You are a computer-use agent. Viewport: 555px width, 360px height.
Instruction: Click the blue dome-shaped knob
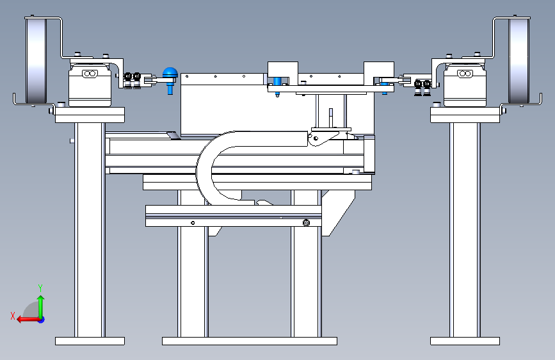coord(170,74)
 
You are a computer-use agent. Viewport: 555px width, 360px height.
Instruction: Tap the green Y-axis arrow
coord(40,304)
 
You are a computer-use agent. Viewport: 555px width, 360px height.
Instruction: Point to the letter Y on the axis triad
coord(40,288)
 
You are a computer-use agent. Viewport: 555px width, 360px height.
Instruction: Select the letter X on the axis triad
coord(12,315)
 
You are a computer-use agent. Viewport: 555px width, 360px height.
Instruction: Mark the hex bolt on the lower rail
coord(306,223)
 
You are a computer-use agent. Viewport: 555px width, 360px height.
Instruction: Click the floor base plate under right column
coord(464,341)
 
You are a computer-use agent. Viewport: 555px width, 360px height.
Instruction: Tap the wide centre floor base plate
coord(249,341)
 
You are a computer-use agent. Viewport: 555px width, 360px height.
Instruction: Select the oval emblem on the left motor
coord(89,75)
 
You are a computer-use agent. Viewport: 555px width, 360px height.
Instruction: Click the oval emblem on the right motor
coord(465,75)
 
